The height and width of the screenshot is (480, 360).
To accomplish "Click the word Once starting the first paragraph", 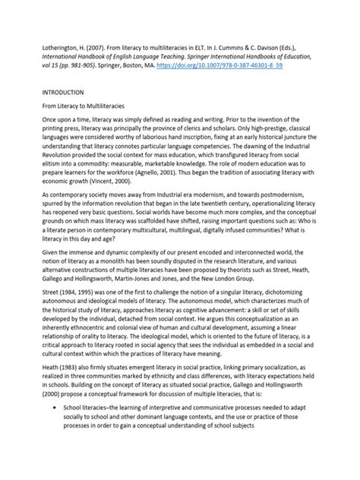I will [52, 128].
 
